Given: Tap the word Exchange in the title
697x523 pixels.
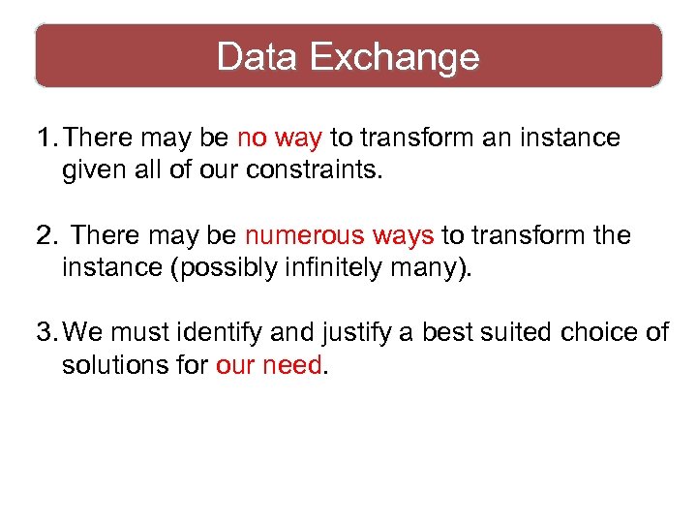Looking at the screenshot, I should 395,57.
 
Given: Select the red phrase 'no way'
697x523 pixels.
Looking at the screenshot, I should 279,138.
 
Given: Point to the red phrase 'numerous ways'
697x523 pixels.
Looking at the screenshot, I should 339,235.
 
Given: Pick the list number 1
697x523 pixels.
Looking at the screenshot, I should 45,138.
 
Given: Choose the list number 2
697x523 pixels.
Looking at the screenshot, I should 45,235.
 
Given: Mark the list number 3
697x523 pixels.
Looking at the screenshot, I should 45,333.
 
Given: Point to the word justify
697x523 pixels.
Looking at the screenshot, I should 349,333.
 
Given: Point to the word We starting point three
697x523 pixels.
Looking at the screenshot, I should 83,333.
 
